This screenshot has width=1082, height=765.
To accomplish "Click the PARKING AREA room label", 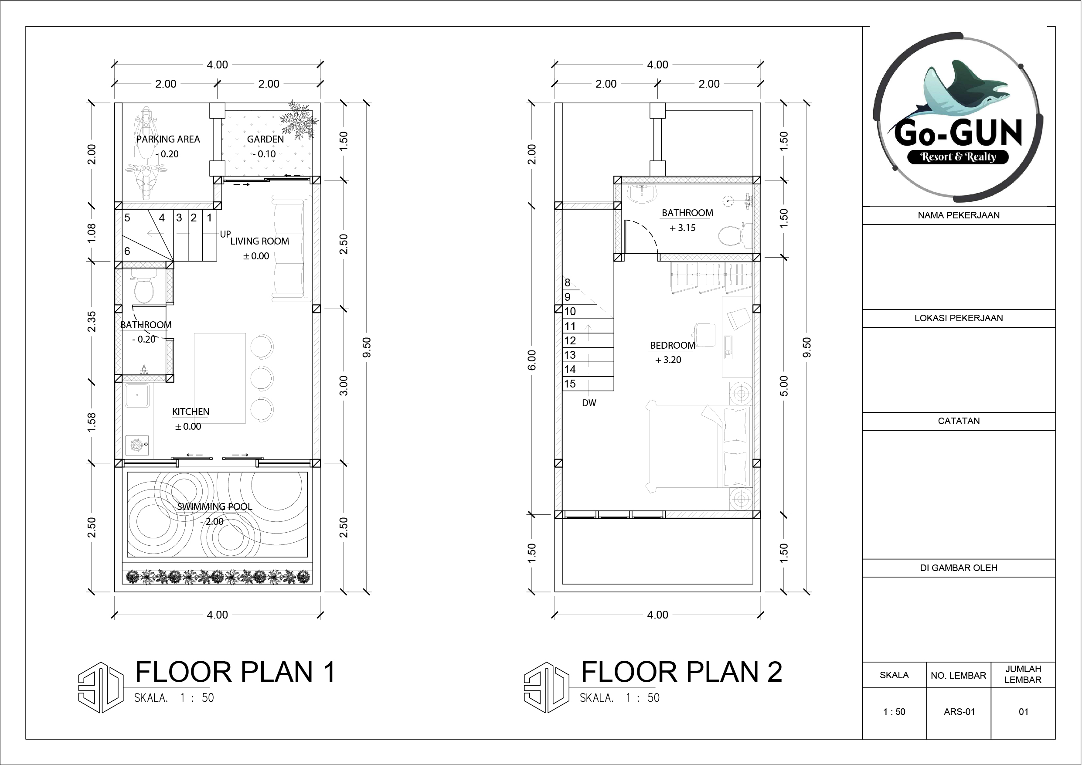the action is (x=168, y=139).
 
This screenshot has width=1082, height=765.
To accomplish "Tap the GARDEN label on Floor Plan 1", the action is (x=265, y=139).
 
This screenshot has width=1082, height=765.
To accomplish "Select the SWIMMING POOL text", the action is (x=214, y=507).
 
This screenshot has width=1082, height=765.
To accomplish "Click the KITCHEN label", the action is (x=191, y=411).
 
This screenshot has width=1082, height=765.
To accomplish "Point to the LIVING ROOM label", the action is (x=260, y=241).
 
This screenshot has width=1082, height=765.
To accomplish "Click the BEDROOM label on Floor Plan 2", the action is (x=673, y=346).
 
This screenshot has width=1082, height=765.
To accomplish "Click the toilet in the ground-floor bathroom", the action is (x=144, y=287).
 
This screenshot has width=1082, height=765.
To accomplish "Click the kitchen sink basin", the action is (x=137, y=395).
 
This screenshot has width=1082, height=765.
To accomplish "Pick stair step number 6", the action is (x=127, y=251).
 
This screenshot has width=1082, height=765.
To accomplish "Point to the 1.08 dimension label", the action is (x=92, y=233).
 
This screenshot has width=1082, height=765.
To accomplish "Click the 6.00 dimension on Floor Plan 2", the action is (x=531, y=360).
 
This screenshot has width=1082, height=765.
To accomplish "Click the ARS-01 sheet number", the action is (x=959, y=712).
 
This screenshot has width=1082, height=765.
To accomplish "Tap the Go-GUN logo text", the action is (x=959, y=133).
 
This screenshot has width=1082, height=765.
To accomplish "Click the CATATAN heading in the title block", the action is (x=959, y=421).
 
